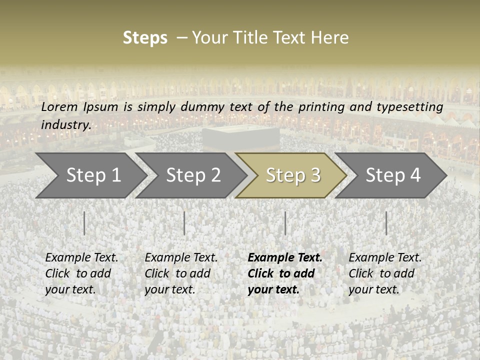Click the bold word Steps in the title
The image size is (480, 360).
[x=145, y=37]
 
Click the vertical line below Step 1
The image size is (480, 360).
[x=84, y=223]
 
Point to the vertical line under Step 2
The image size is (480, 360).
[x=184, y=223]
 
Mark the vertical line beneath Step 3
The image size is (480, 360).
[x=285, y=223]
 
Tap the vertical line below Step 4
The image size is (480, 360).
[x=386, y=223]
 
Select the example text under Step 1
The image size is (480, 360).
[x=81, y=273]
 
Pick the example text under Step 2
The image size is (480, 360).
[x=180, y=273]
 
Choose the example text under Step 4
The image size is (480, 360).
[x=384, y=273]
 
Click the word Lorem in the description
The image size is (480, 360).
[x=59, y=106]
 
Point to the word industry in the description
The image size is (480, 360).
[x=65, y=124]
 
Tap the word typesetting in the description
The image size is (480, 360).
[x=412, y=106]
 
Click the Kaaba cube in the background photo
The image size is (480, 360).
[x=240, y=137]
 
